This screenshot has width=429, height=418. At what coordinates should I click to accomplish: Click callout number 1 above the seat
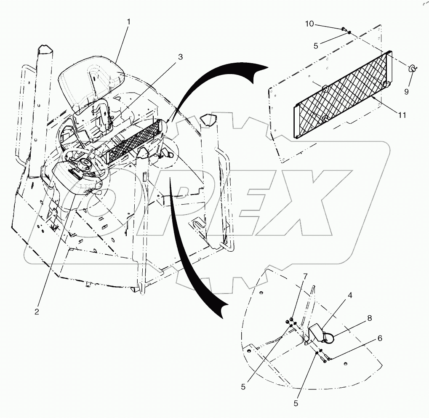point(128,21)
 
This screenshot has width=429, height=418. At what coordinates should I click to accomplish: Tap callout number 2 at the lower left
point(37,312)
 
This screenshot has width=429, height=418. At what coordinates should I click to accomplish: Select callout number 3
point(180,57)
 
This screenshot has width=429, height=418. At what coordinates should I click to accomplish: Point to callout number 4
point(350,296)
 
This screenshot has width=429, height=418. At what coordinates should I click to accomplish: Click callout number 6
point(380,338)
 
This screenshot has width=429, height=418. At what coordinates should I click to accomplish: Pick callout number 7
point(305,277)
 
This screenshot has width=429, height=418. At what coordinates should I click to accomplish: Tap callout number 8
point(369,318)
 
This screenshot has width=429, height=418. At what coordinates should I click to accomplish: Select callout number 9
point(406,92)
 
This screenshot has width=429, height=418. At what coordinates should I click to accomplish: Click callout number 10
point(309,24)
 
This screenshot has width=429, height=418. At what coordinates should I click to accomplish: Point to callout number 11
point(402,115)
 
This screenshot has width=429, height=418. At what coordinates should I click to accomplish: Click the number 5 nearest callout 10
point(316,46)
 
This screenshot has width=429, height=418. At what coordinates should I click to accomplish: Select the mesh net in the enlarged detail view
point(343,95)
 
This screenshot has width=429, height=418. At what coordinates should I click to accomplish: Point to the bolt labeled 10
point(343,29)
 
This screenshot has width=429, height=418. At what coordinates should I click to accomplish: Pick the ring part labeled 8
point(328,338)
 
